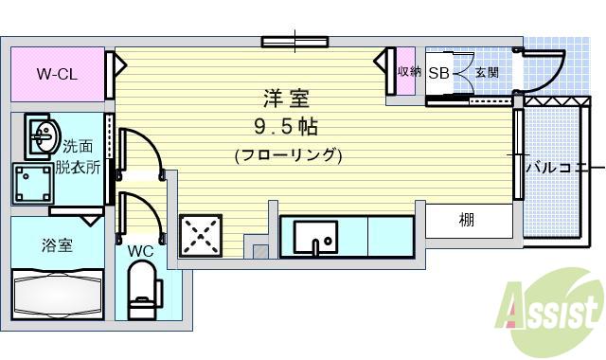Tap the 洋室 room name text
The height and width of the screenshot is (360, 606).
(x=285, y=99)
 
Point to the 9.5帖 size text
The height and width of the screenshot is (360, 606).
(x=285, y=127)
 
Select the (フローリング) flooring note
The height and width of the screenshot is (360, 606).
(x=288, y=154)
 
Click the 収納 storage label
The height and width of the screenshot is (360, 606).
(x=407, y=72)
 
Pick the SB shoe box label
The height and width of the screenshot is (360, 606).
(x=438, y=72)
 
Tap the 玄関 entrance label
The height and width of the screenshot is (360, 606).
(x=487, y=72)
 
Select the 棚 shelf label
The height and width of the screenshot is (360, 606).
(x=467, y=221)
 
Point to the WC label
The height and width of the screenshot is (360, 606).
(x=140, y=251)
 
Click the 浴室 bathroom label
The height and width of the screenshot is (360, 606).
(x=56, y=245)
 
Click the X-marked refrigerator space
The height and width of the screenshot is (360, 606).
(x=201, y=234)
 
